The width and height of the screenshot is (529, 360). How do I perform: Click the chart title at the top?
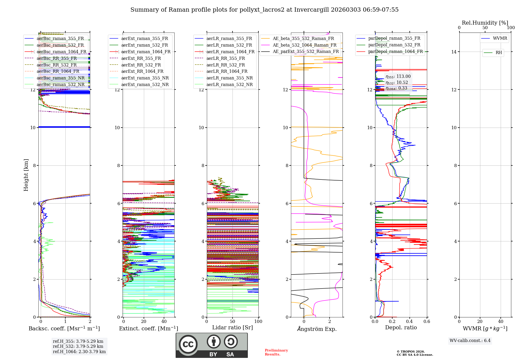point(264,10)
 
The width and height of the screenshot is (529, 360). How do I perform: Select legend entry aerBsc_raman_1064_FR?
point(61,52)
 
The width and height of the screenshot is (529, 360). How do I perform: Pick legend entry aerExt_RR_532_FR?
point(141,65)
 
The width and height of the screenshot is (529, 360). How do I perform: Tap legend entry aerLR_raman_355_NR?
point(229,78)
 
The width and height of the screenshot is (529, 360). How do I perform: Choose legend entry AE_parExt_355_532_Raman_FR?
point(305,51)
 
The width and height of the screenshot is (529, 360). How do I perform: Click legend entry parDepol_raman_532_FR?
point(394,45)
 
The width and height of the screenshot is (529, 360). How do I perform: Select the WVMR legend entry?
point(500,38)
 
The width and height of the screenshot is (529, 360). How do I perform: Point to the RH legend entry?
point(498,53)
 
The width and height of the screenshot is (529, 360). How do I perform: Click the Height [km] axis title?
point(26,175)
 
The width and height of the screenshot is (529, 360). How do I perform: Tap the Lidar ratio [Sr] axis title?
point(232,327)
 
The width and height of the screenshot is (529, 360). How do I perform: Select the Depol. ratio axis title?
point(401,327)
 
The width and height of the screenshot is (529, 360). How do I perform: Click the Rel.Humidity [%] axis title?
point(485,23)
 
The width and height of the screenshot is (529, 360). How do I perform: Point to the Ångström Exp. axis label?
point(317,329)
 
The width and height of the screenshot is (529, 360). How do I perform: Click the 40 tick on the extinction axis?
point(164,321)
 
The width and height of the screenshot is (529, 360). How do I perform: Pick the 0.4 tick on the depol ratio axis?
point(409,321)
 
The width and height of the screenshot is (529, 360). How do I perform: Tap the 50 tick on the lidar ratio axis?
point(232,321)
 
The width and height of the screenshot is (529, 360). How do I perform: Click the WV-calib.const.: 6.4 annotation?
point(470,340)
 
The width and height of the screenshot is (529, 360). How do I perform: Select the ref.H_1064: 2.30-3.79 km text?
point(79,352)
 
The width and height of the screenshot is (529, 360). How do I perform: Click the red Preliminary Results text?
point(276,352)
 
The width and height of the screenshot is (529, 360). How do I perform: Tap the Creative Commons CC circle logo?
point(188,344)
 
